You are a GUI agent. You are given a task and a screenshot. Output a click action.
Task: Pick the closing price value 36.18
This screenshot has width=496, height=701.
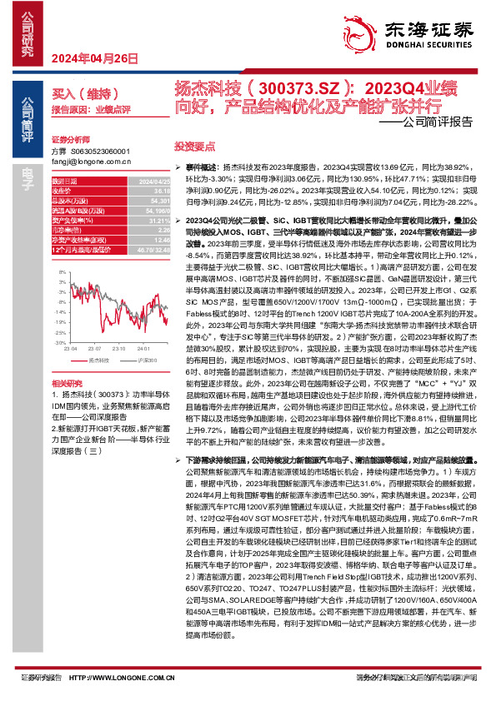pos(139,190)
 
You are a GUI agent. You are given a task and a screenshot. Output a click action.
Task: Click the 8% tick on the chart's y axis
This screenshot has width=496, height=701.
pos(61,265)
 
